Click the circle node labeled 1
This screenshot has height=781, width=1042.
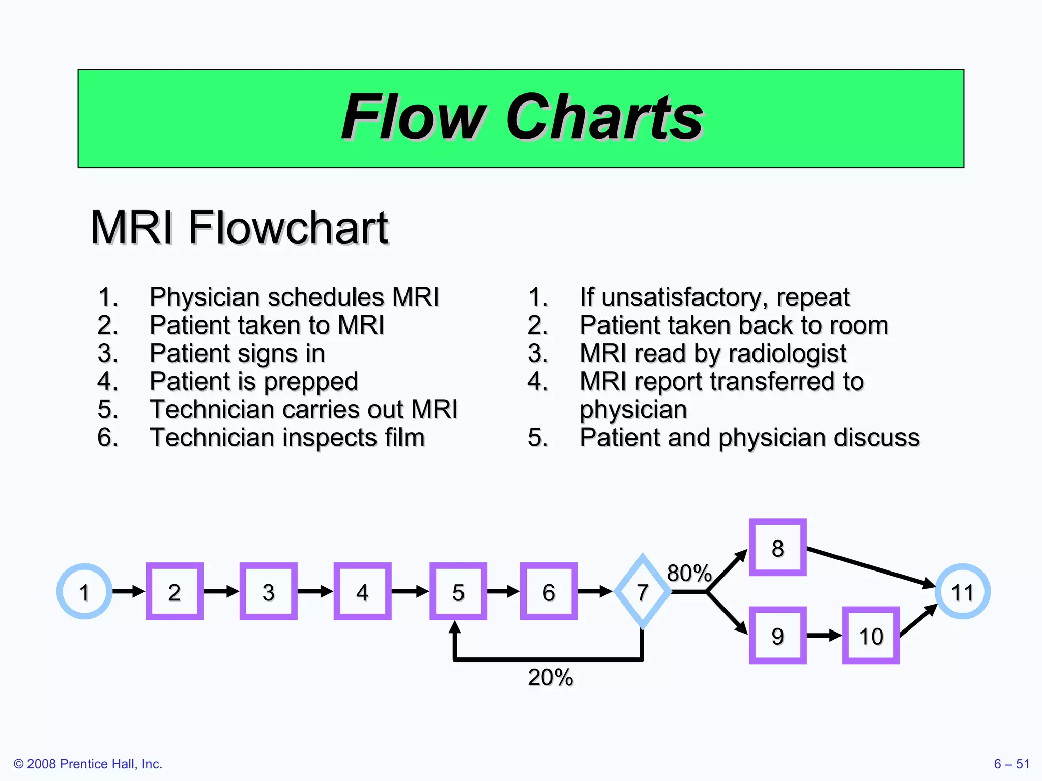84,591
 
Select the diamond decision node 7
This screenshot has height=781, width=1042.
643,591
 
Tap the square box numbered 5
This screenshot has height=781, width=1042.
458,591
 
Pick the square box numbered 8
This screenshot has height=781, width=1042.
777,548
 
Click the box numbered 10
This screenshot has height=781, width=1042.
871,635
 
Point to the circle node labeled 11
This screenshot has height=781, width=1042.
962,591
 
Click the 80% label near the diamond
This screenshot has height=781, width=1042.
689,573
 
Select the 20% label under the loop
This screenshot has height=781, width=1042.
550,677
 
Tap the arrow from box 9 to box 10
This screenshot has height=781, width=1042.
824,635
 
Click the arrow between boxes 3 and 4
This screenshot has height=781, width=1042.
315,591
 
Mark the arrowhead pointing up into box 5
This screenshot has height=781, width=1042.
455,627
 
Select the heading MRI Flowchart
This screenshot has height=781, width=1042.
239,227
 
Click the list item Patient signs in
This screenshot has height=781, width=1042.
237,353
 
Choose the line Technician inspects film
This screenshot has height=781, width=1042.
287,437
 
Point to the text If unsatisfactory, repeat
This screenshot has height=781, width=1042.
714,297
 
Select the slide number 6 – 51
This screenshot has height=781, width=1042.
1011,764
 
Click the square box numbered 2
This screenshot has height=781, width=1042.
174,591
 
